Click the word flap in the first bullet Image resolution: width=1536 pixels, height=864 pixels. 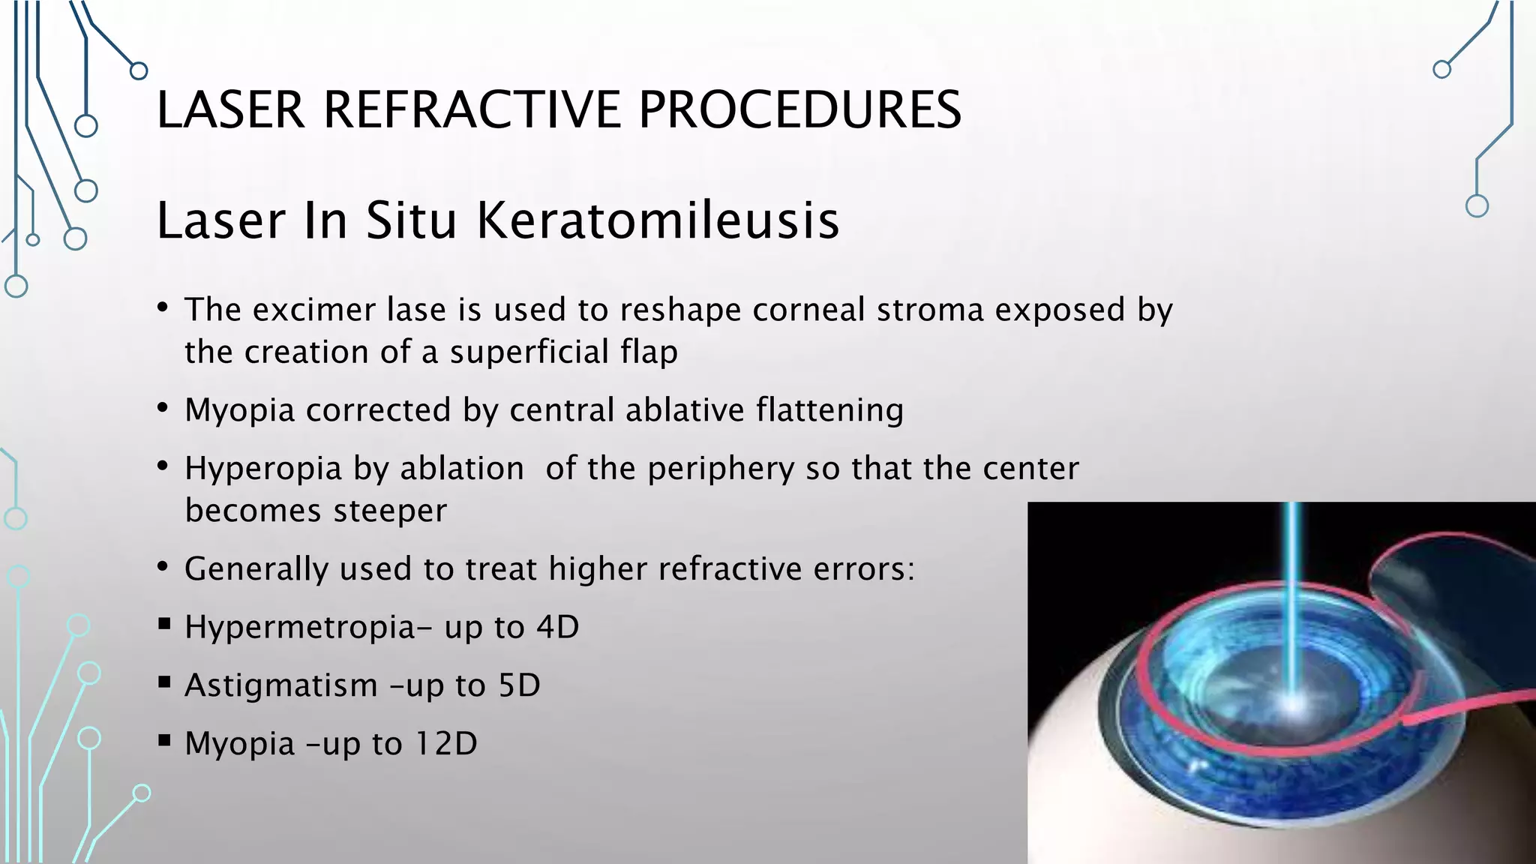[x=649, y=352]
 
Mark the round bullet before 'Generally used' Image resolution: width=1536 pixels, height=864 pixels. [x=163, y=567]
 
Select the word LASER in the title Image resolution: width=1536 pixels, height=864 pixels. [x=230, y=109]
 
